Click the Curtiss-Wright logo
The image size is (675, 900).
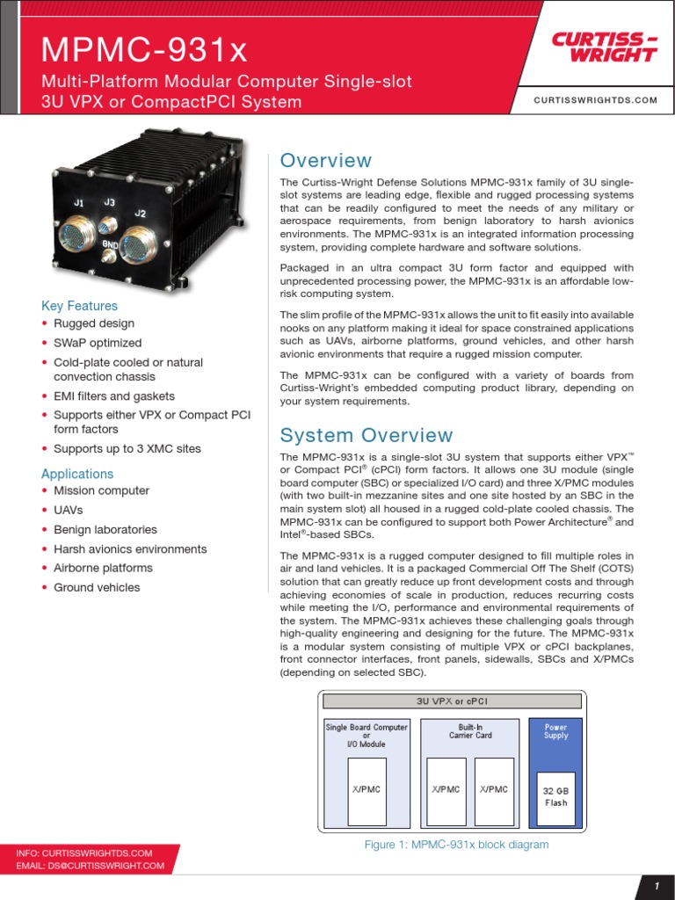pyautogui.click(x=604, y=47)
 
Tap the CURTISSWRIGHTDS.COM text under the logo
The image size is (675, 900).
pyautogui.click(x=595, y=100)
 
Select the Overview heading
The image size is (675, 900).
pyautogui.click(x=325, y=161)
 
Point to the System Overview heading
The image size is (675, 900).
pyautogui.click(x=366, y=435)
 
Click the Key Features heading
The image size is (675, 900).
pyautogui.click(x=79, y=306)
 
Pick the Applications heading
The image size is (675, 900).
pyautogui.click(x=77, y=474)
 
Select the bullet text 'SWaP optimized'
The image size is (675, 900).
pyautogui.click(x=98, y=343)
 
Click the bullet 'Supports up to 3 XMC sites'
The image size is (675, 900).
pyautogui.click(x=127, y=448)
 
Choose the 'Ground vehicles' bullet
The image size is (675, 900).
pyautogui.click(x=97, y=587)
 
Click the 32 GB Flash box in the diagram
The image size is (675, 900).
pyautogui.click(x=555, y=797)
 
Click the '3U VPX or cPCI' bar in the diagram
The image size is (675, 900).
pyautogui.click(x=453, y=700)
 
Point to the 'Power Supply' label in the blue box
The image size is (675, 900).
pyautogui.click(x=555, y=731)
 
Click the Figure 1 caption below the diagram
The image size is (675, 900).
pyautogui.click(x=456, y=845)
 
